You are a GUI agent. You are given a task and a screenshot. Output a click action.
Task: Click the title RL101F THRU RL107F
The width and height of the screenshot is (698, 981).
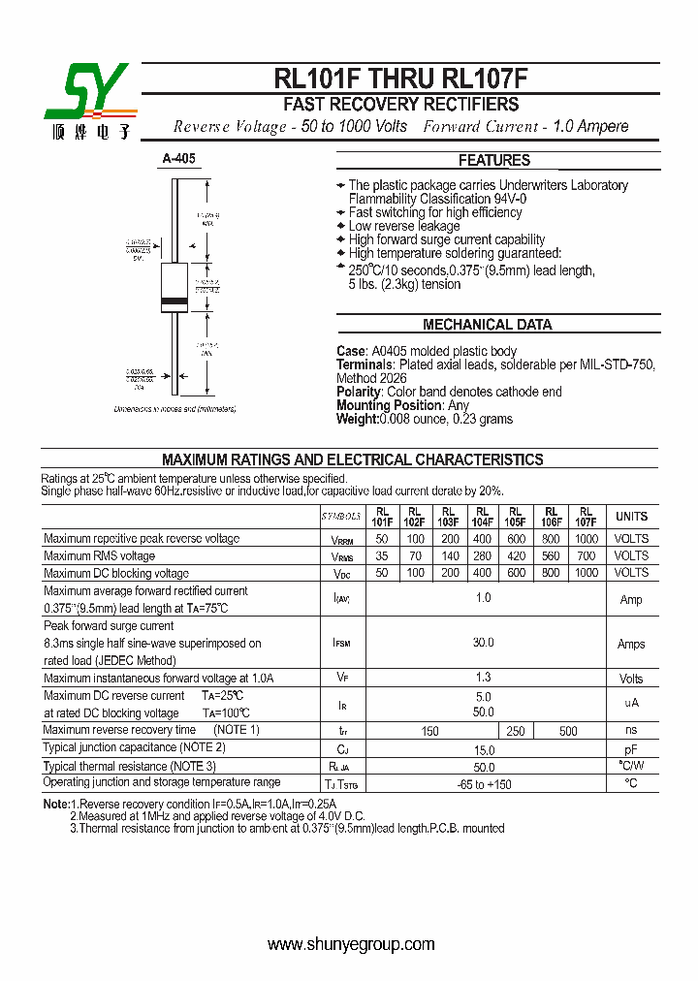pos(400,79)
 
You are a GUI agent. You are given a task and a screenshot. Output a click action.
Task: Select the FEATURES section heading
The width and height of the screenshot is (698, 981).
pos(493,160)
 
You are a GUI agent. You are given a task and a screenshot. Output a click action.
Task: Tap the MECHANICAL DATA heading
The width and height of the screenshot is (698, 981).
pos(487,325)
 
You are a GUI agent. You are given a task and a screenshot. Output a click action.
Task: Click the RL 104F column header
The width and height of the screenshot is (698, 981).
pos(482,517)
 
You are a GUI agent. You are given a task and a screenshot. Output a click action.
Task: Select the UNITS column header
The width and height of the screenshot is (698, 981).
pos(631,517)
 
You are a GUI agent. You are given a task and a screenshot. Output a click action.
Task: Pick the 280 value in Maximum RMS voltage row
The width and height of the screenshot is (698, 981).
pos(482,556)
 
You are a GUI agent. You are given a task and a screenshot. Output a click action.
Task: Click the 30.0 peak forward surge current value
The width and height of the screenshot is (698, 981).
pos(483,643)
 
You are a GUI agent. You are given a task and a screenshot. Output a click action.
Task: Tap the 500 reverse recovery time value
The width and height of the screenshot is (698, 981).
pos(568,731)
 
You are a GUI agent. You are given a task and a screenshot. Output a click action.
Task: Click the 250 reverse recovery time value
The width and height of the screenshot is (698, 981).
pos(515,731)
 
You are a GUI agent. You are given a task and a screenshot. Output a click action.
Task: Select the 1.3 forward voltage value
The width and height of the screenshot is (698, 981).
pos(483,679)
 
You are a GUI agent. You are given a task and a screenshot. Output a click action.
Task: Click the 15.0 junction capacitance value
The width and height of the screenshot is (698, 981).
pos(483,749)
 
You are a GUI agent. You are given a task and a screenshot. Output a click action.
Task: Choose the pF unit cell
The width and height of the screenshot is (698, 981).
pos(631,749)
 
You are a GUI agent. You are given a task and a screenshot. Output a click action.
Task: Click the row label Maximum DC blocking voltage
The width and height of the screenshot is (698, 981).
pos(116,574)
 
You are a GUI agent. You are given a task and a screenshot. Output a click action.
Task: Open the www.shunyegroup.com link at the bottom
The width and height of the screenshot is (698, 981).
pos(351,944)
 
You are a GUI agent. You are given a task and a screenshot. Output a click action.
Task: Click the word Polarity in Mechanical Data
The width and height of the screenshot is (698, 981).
pos(360,392)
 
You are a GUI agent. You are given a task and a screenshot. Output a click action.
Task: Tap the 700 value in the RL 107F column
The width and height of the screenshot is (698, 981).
pos(586,556)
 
